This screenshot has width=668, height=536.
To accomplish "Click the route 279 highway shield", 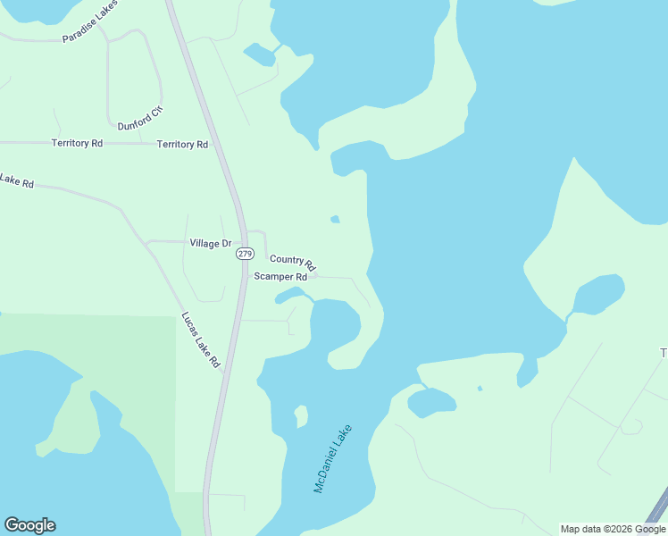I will pyautogui.click(x=245, y=254).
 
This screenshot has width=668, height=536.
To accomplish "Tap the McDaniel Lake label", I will pyautogui.click(x=333, y=459).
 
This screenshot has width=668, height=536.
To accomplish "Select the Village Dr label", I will pyautogui.click(x=211, y=243).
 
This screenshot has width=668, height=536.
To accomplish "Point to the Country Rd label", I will pyautogui.click(x=293, y=262).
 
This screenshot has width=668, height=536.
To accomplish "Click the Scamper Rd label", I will pyautogui.click(x=280, y=277).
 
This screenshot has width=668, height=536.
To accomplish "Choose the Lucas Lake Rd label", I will pyautogui.click(x=201, y=339).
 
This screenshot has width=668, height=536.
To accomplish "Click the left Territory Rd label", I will pyautogui.click(x=77, y=143).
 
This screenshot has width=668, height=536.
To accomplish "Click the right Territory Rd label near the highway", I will pyautogui.click(x=182, y=144).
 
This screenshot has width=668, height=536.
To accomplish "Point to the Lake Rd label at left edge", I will pyautogui.click(x=16, y=181).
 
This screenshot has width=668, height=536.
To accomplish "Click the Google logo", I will pyautogui.click(x=29, y=525).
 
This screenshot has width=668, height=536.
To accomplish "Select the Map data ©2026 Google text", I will pyautogui.click(x=613, y=529).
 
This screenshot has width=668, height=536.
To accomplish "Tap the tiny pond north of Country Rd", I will pyautogui.click(x=335, y=219).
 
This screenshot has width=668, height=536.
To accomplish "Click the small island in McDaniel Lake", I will pyautogui.click(x=301, y=416).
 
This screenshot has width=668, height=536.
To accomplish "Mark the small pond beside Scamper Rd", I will pyautogui.click(x=291, y=294).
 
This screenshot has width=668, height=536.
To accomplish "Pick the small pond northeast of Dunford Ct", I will pyautogui.click(x=260, y=54).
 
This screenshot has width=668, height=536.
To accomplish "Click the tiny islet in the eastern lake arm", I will pyautogui.click(x=480, y=389).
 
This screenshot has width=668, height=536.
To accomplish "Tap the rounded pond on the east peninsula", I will pyautogui.click(x=597, y=294).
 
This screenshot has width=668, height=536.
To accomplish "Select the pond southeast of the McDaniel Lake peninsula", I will pyautogui.click(x=431, y=402).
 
